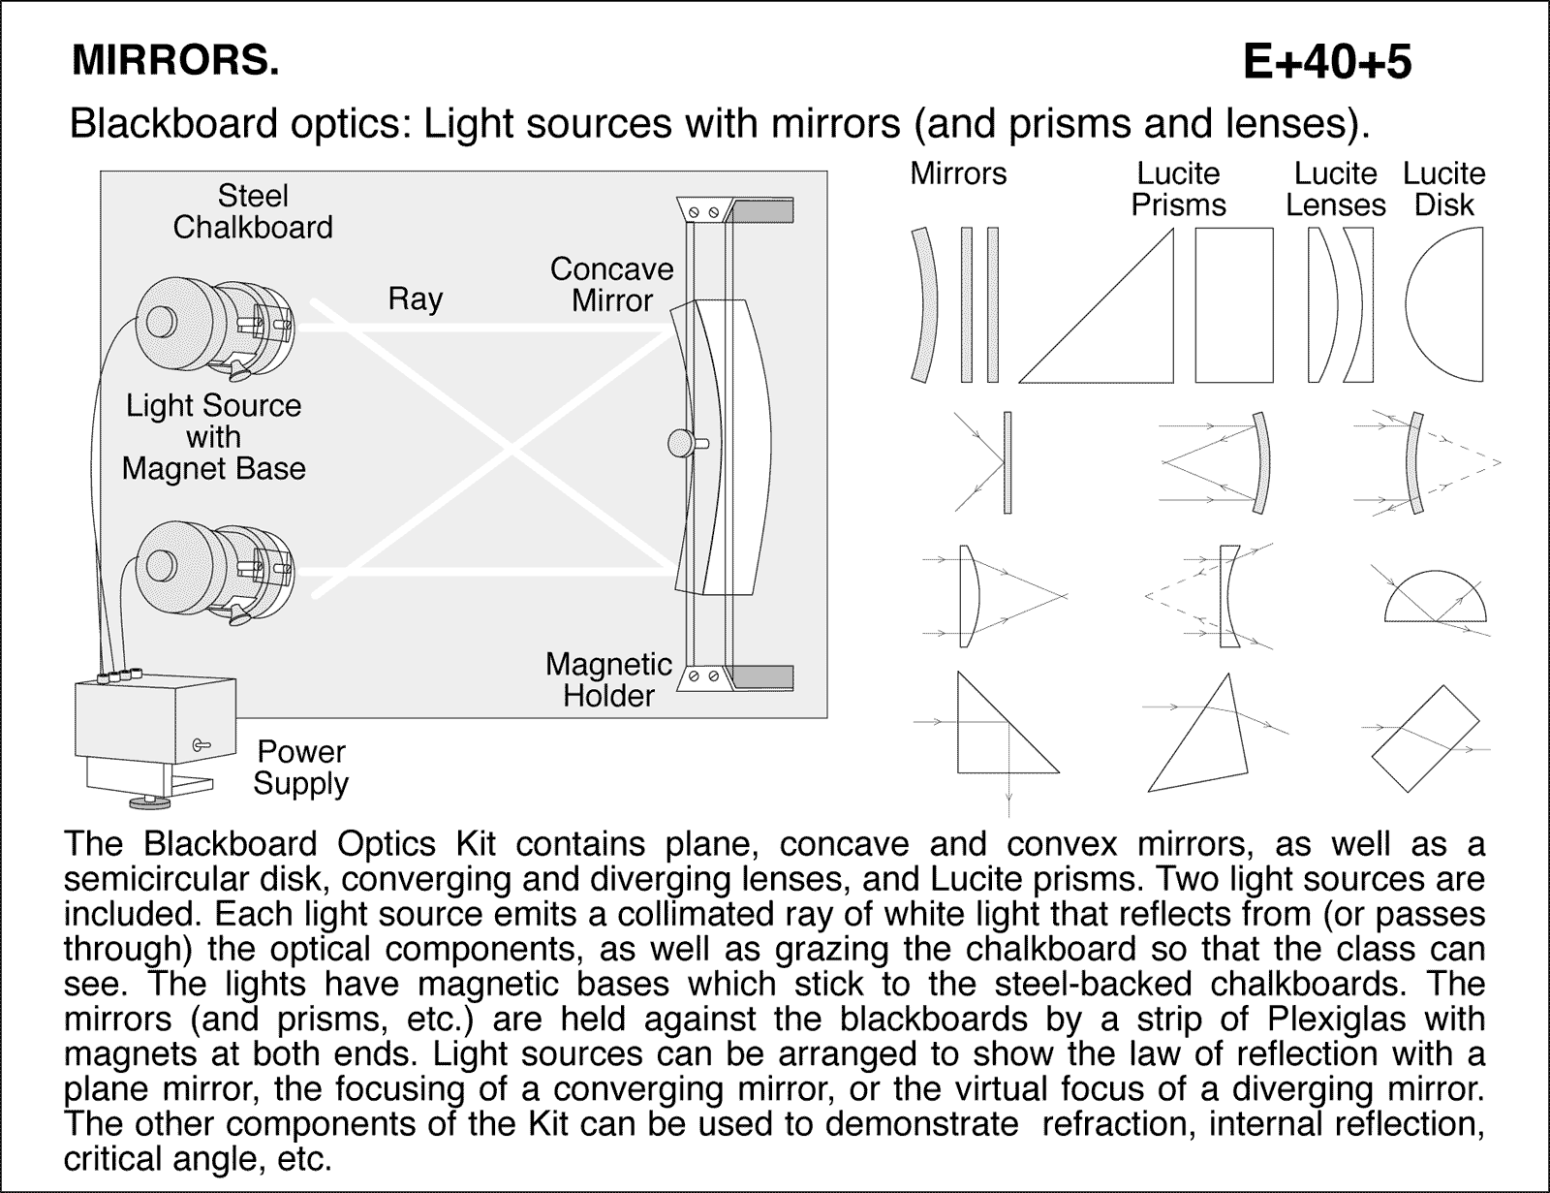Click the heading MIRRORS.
pos(175,61)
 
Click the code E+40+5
pos(1327,62)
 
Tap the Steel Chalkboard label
pos(253,211)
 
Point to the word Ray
pos(415,298)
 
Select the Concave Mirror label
pos(611,284)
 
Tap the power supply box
pos(155,717)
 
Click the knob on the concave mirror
pos(681,444)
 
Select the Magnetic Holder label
pos(608,679)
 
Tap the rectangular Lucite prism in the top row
pos(1233,305)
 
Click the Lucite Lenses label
pos(1335,189)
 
